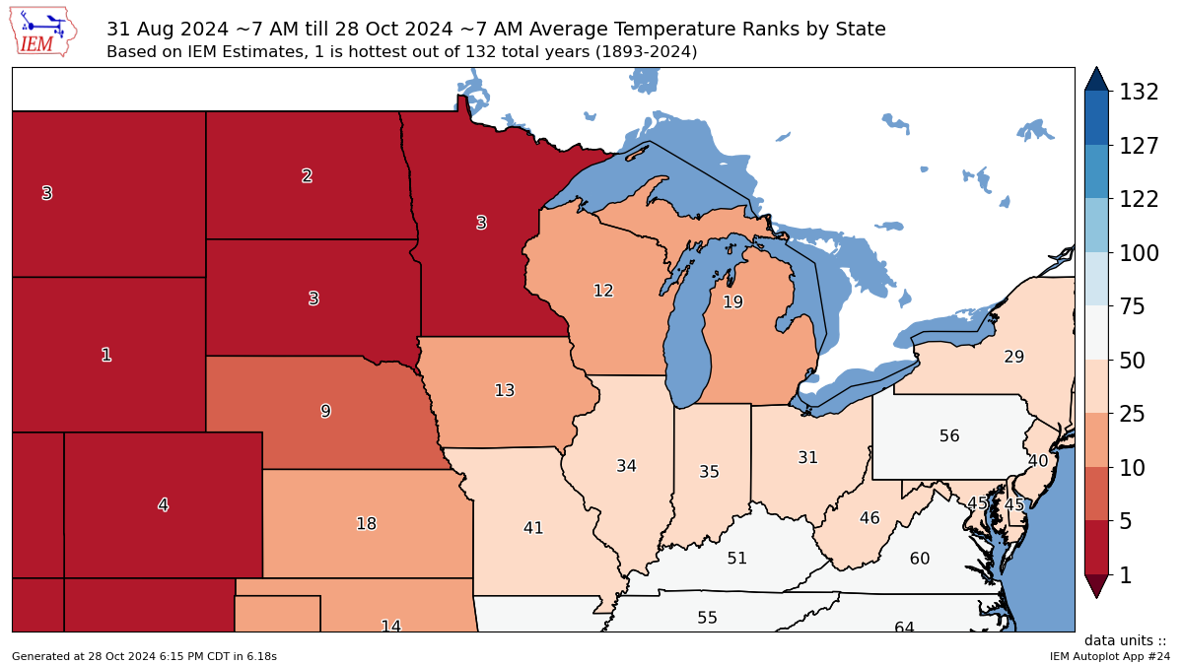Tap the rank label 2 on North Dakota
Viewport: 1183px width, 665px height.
pyautogui.click(x=307, y=176)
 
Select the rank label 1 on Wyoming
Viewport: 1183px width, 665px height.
pyautogui.click(x=106, y=355)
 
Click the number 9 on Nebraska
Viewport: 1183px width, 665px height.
pyautogui.click(x=325, y=411)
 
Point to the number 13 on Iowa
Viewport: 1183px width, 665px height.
pyautogui.click(x=504, y=390)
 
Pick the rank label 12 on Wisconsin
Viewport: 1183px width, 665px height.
pyautogui.click(x=603, y=291)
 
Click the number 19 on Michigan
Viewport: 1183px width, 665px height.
pyautogui.click(x=732, y=302)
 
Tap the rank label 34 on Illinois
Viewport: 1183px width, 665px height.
pyautogui.click(x=626, y=466)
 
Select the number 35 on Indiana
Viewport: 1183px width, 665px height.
pyautogui.click(x=709, y=472)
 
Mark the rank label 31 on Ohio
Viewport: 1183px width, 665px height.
pyautogui.click(x=807, y=457)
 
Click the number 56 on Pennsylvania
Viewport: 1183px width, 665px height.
pyautogui.click(x=948, y=435)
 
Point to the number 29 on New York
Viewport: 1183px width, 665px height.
pyautogui.click(x=1013, y=357)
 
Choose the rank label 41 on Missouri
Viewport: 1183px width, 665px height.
pyautogui.click(x=533, y=528)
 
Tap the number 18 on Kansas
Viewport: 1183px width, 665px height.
pyautogui.click(x=366, y=524)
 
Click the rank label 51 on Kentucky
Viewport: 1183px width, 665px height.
pyautogui.click(x=736, y=559)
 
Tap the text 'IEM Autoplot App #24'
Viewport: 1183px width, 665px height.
pyautogui.click(x=1109, y=656)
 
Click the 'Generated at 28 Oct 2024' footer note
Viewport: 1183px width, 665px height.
pyautogui.click(x=144, y=656)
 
